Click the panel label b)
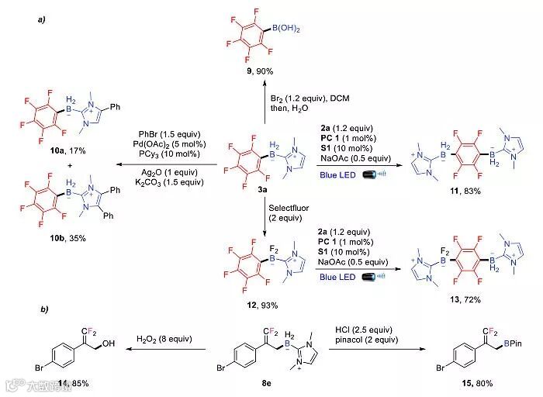pos(44,309)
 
